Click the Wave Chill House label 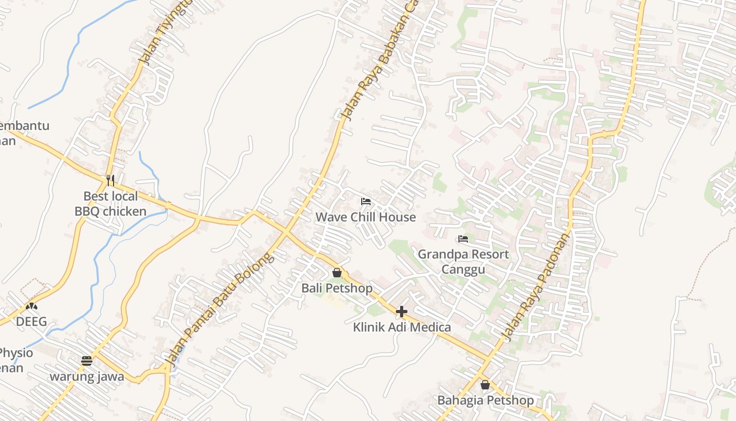[365, 217]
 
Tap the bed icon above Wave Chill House [366, 201]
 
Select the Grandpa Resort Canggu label [463, 262]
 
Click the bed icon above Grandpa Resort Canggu [463, 239]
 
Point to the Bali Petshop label [336, 288]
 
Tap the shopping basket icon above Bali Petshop [337, 273]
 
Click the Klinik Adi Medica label [402, 327]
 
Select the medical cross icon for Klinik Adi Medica [402, 312]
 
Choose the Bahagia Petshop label [485, 400]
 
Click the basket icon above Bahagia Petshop [485, 385]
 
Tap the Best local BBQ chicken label [110, 204]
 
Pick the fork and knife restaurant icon [110, 181]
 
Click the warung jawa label [87, 377]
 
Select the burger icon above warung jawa [87, 361]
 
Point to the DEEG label [32, 322]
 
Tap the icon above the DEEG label [32, 306]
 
